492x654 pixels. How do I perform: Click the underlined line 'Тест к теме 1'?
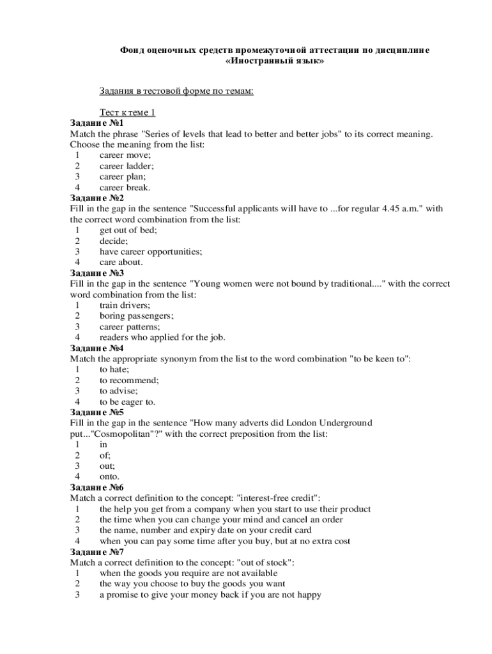pos(127,112)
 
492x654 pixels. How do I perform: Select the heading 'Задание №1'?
pos(96,123)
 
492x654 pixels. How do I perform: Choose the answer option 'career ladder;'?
pos(127,166)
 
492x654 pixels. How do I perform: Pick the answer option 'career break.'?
pos(125,188)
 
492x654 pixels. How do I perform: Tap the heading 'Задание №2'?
pos(96,198)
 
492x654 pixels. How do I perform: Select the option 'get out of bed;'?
pos(128,231)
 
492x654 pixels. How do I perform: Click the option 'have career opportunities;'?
pos(151,252)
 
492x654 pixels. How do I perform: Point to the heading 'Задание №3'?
pos(96,273)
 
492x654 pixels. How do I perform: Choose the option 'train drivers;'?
pos(125,305)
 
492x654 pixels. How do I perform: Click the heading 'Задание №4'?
pos(96,349)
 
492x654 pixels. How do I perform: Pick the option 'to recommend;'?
pos(129,381)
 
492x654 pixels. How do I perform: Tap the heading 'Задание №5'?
pos(96,413)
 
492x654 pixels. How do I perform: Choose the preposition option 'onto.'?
pos(109,477)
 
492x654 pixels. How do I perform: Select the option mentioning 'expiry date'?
pos(205,531)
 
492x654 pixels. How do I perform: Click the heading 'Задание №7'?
pos(96,552)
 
